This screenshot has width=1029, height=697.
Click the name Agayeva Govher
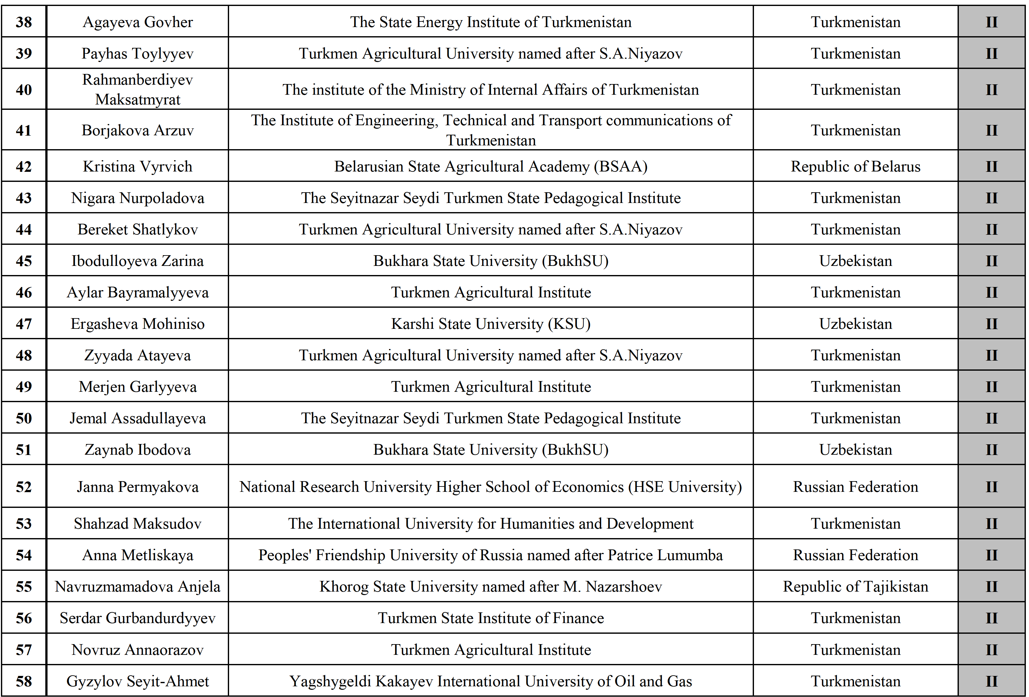click(x=138, y=22)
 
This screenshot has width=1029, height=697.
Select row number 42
click(x=24, y=166)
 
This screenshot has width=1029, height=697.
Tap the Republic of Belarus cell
click(x=855, y=166)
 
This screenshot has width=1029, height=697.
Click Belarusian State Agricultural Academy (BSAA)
click(x=491, y=166)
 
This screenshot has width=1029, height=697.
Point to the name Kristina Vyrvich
click(x=138, y=166)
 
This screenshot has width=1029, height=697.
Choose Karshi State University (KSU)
click(x=491, y=324)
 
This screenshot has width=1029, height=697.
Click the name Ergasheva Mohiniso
click(x=138, y=324)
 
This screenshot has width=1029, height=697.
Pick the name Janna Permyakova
click(x=138, y=487)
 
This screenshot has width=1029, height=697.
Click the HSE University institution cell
click(x=491, y=487)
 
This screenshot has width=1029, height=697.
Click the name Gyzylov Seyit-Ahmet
click(x=138, y=681)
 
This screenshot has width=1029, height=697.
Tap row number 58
click(x=24, y=681)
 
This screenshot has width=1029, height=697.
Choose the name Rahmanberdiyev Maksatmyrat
click(x=138, y=89)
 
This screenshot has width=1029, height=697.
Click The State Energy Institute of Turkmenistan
click(x=491, y=22)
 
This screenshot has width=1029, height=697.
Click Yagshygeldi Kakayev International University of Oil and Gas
click(x=491, y=681)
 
